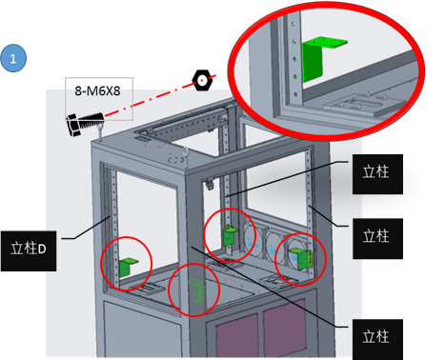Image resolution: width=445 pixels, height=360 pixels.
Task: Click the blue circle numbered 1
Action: [x=13, y=58]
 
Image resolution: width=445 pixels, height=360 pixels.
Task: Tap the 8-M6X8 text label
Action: [x=97, y=91]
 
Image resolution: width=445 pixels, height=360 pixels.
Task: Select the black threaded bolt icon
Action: [x=85, y=124]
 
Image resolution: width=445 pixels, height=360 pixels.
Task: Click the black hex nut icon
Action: [x=202, y=80]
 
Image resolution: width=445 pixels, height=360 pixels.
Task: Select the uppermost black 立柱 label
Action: [x=377, y=174]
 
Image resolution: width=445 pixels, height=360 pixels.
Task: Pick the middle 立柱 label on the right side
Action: [x=377, y=238]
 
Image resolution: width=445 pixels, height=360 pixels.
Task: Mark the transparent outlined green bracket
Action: [x=196, y=290]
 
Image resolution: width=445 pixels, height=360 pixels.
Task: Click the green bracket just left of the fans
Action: [x=230, y=235]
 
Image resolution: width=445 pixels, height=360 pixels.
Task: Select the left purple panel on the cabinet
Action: [x=236, y=335]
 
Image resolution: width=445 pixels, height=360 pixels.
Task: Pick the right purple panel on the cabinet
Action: [x=284, y=326]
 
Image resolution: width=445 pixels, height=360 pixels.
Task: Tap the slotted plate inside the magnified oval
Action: [x=365, y=104]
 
